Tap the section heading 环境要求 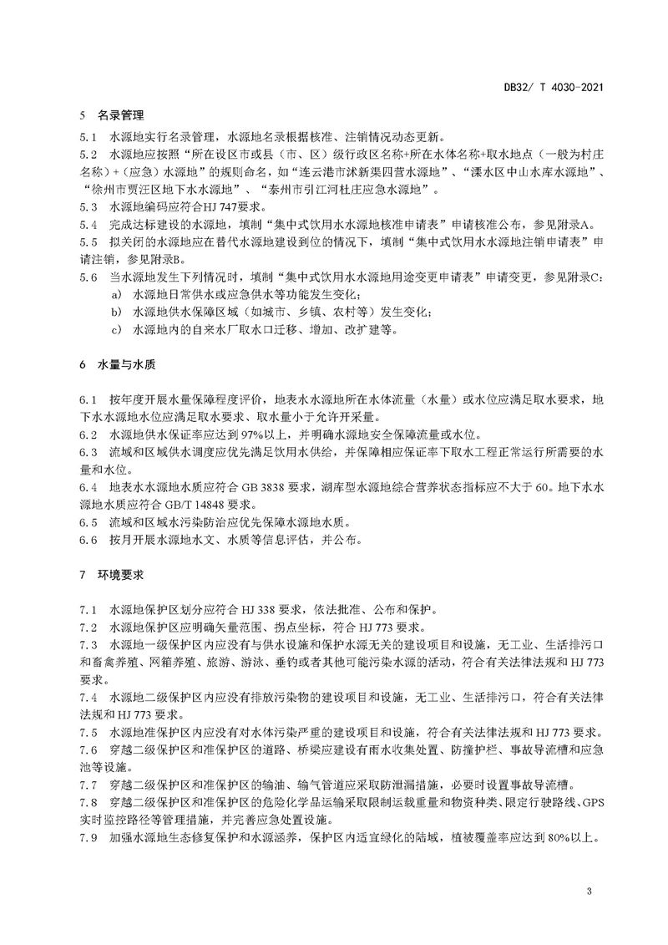click(116, 575)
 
